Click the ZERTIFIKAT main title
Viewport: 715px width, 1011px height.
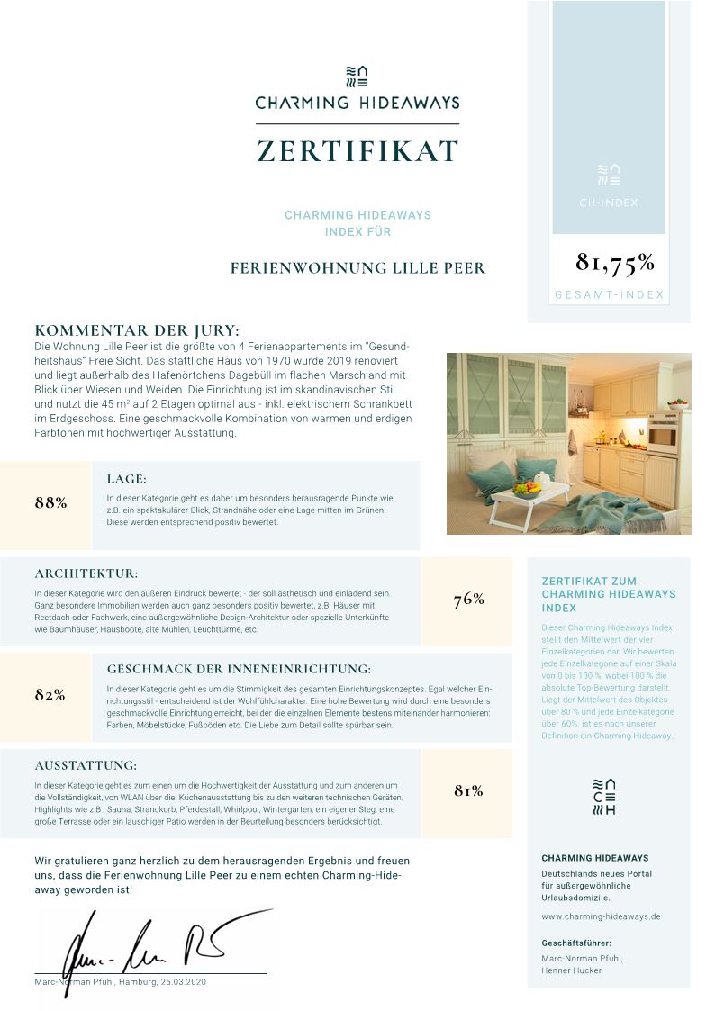[357, 151]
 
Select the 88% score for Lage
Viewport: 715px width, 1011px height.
[51, 502]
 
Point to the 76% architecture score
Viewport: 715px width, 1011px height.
[469, 600]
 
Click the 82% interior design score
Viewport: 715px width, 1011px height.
[50, 694]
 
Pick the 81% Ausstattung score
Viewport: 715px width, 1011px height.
[468, 790]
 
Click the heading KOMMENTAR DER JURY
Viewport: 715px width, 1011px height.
[136, 330]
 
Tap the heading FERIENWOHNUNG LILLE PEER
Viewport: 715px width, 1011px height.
[357, 268]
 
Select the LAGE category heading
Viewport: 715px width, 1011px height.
[126, 479]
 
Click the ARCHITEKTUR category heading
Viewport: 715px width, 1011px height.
[86, 573]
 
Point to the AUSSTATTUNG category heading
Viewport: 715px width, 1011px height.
[86, 765]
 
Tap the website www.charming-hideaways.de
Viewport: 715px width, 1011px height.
[601, 916]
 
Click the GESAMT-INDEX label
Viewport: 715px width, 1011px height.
[609, 294]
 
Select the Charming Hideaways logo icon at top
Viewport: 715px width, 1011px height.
[357, 76]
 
